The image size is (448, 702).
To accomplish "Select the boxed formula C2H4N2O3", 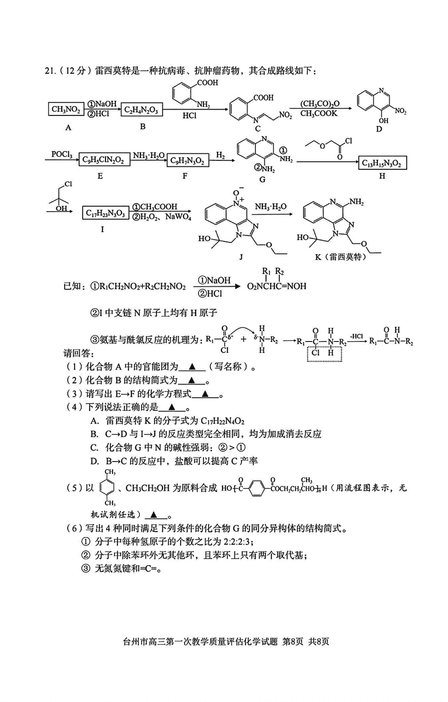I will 142,110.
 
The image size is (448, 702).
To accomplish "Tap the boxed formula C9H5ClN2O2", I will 104,160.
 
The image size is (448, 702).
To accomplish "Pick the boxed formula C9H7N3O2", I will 187,160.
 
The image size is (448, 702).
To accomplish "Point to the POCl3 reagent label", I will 62,154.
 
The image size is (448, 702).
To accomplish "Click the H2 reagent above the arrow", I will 221,155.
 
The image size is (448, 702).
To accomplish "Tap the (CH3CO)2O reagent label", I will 320,104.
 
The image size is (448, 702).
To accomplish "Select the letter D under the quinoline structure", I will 379,129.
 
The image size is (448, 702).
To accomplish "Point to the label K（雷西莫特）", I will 340,257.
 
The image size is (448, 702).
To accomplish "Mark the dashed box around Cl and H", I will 324,353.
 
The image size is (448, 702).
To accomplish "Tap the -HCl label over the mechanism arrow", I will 356,336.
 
